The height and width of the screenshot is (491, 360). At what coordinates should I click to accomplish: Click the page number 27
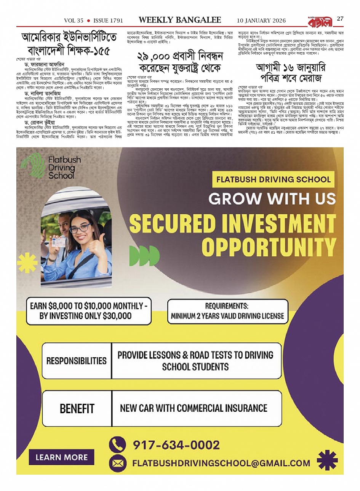[340, 19]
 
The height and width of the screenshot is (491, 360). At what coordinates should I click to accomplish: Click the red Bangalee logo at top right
[319, 21]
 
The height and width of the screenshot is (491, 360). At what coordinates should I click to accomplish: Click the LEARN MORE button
[61, 457]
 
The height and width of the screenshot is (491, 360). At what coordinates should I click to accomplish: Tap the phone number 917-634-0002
[176, 445]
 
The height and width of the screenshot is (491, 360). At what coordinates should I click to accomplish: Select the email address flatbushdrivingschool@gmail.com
[221, 464]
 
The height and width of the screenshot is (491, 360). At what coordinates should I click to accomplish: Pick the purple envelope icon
[117, 464]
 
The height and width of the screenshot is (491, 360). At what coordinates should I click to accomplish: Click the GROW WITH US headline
[272, 199]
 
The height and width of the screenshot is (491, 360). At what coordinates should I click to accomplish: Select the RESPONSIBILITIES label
[77, 361]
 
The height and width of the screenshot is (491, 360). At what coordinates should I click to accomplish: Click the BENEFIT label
[77, 409]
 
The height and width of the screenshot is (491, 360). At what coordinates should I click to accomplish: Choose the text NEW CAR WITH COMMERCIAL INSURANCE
[194, 408]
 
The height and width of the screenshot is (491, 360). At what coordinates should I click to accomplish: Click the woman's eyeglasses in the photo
[80, 228]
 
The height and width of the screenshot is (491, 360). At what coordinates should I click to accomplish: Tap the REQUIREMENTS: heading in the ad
[227, 306]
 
